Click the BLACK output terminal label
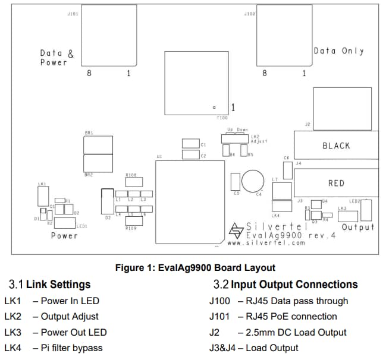(336, 146)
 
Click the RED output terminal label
(336, 183)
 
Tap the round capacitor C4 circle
(252, 181)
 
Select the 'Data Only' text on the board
(338, 51)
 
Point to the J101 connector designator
(73, 13)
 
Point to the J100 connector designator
(249, 13)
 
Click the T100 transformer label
(222, 118)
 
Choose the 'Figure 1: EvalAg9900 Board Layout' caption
(195, 267)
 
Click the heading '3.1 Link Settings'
(50, 285)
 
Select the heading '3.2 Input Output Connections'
(285, 285)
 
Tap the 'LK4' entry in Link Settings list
(12, 348)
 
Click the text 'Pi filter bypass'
(71, 348)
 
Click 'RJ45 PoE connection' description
(287, 317)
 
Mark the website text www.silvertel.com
(266, 243)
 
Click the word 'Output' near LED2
(358, 227)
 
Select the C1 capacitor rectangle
(190, 144)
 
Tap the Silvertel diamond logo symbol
(237, 229)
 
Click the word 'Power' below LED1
(64, 236)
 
